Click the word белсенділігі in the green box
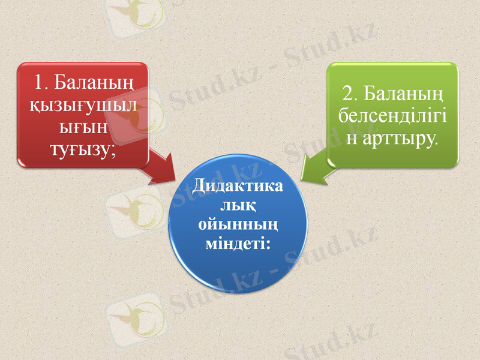392,116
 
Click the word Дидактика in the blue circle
238,187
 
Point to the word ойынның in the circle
238,225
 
